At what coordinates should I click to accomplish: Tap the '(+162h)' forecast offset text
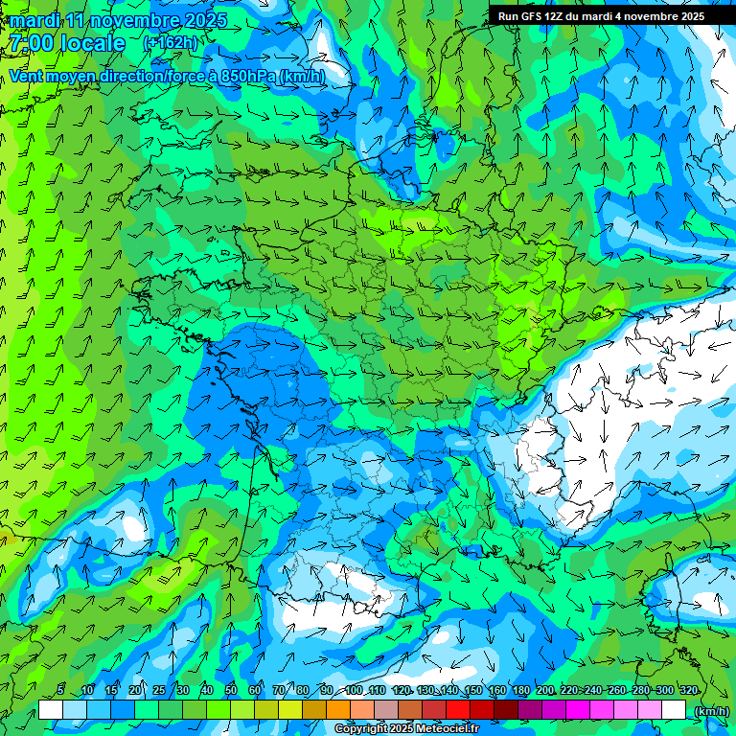click(170, 42)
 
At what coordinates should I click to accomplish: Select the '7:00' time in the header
click(31, 43)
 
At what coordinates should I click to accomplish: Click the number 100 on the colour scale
click(354, 691)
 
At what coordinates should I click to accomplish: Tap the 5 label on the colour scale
click(60, 691)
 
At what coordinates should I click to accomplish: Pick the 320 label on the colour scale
click(688, 691)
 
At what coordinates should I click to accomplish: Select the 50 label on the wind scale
click(231, 691)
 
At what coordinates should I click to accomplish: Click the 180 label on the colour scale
click(520, 691)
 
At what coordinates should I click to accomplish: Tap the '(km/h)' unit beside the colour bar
click(710, 710)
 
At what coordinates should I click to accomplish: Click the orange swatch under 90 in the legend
click(338, 710)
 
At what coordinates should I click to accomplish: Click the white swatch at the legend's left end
click(51, 710)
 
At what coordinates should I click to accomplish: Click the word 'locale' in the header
click(93, 43)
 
